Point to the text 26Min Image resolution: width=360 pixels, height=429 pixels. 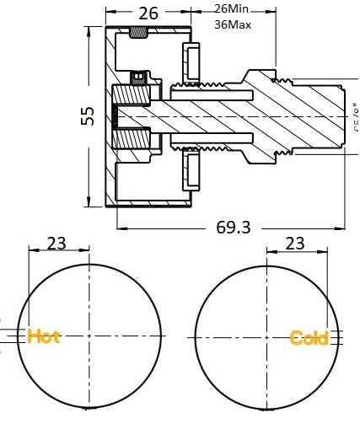(233, 8)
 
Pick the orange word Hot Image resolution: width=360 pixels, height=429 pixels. (44, 336)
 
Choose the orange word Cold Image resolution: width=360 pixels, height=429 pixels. (309, 338)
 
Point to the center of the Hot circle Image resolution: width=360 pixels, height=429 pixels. (89, 335)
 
